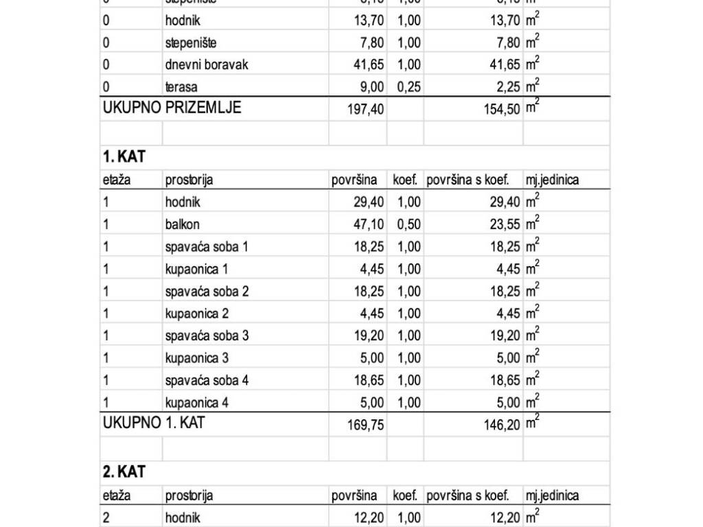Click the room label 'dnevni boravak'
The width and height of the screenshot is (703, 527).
pyautogui.click(x=207, y=65)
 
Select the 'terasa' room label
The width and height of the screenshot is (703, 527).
pyautogui.click(x=181, y=87)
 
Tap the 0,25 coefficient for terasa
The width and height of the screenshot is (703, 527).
pyautogui.click(x=408, y=87)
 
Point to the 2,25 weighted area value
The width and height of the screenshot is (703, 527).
pyautogui.click(x=505, y=87)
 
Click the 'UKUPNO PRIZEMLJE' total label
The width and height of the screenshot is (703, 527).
pyautogui.click(x=172, y=108)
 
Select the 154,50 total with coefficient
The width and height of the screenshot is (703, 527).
pyautogui.click(x=502, y=109)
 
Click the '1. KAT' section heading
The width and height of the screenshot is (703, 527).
pyautogui.click(x=124, y=156)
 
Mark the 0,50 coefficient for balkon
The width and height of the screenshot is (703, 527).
pyautogui.click(x=408, y=224)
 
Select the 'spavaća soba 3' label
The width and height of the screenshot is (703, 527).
pyautogui.click(x=207, y=336)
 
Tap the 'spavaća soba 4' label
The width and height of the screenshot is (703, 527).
pyautogui.click(x=207, y=379)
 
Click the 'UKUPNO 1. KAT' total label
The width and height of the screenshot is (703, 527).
pyautogui.click(x=154, y=423)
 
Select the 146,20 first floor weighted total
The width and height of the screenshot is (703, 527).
pyautogui.click(x=502, y=425)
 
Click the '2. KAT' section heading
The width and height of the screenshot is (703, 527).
pyautogui.click(x=124, y=472)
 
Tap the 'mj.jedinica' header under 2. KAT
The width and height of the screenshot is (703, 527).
pyautogui.click(x=552, y=495)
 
